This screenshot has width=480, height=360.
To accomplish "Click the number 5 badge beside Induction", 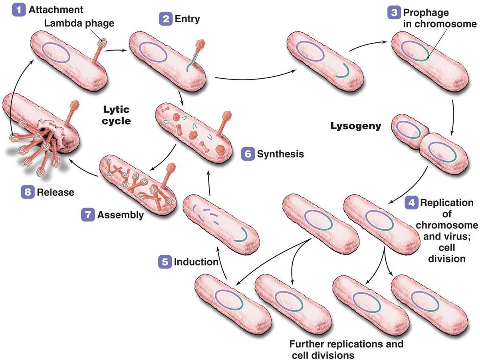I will pyautogui.click(x=165, y=263).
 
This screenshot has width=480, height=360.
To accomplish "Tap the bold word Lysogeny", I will pyautogui.click(x=355, y=126).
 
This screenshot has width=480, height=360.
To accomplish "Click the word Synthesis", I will pyautogui.click(x=280, y=154).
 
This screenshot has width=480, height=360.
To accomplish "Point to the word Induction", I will pyautogui.click(x=196, y=263).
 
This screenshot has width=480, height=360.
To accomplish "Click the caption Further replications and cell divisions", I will pyautogui.click(x=346, y=349).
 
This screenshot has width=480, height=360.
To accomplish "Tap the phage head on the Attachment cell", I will pyautogui.click(x=103, y=42).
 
